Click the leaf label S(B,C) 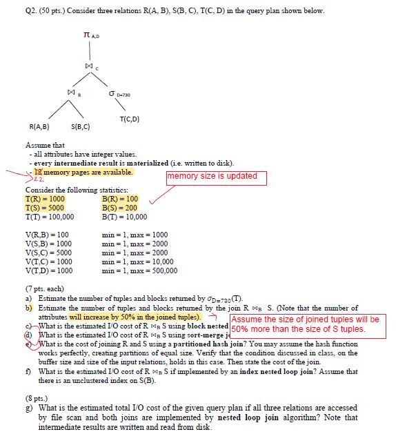(82, 127)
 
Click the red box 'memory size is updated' (212, 176)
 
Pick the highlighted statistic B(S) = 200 (118, 207)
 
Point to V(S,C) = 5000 (50, 253)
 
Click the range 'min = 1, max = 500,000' (138, 270)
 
